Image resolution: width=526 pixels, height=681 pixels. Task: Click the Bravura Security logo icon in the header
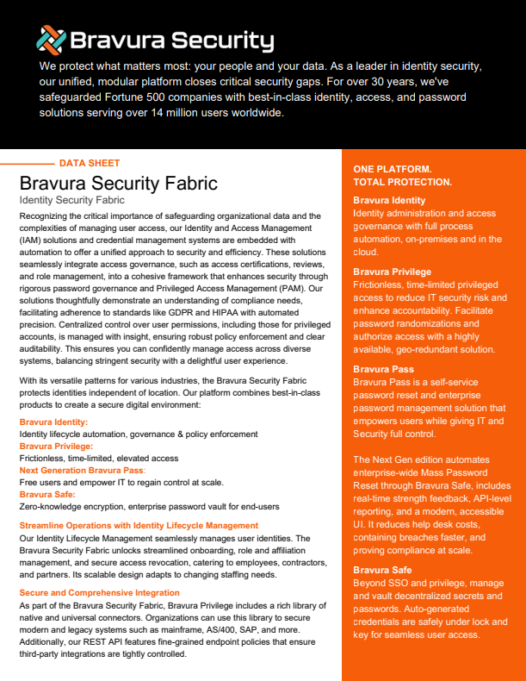tap(50, 39)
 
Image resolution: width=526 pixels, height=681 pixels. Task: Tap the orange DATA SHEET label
tap(90, 163)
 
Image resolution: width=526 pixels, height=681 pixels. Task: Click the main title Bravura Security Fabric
tap(118, 184)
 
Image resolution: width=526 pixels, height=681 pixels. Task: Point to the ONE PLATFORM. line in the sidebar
tap(393, 169)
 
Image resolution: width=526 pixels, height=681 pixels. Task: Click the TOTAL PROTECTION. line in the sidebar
tap(402, 182)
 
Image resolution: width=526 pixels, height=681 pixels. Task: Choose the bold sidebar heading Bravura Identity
tap(389, 200)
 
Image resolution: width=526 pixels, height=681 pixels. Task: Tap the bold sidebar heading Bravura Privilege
tap(392, 272)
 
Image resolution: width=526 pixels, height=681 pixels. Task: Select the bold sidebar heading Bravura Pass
tap(383, 369)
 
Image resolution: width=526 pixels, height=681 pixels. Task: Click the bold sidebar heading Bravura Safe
tap(382, 570)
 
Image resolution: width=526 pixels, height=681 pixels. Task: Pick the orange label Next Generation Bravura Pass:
tap(83, 471)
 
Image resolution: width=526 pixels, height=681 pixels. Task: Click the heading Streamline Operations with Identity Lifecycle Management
tap(139, 525)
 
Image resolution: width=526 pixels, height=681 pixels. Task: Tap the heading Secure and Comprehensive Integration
tap(99, 593)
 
